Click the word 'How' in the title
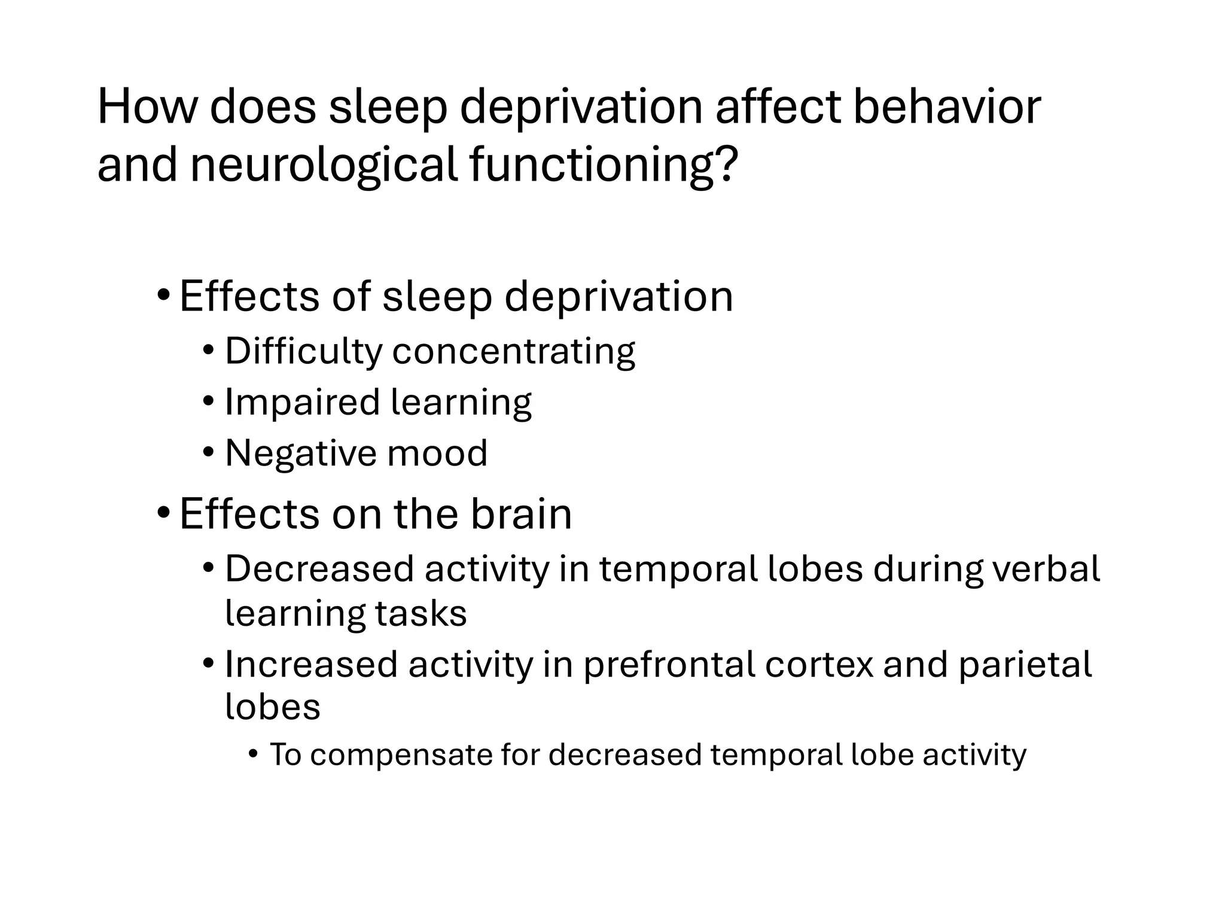[147, 107]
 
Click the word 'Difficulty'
[303, 351]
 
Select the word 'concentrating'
[514, 352]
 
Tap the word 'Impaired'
[302, 403]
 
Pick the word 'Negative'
[300, 453]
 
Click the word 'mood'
[437, 453]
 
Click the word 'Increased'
[311, 664]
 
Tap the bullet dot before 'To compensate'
[253, 754]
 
